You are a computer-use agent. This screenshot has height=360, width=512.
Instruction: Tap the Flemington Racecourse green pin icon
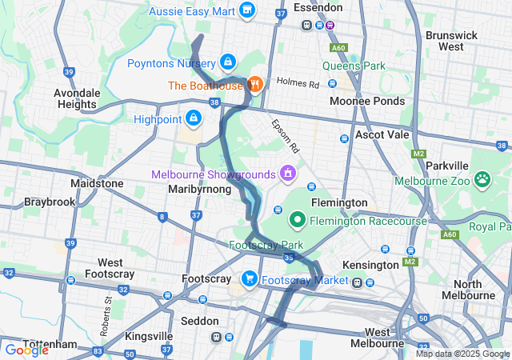coord(297,218)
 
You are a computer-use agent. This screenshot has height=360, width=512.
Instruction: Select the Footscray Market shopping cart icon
coord(250,279)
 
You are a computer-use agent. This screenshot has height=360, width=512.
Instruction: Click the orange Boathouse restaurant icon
coord(254,83)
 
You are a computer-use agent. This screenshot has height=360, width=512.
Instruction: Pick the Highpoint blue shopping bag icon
coord(193,118)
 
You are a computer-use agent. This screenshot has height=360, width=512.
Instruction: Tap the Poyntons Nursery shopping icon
coord(228,62)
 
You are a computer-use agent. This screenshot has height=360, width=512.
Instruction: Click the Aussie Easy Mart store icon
coord(246,10)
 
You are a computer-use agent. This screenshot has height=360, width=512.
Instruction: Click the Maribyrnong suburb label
coord(200,190)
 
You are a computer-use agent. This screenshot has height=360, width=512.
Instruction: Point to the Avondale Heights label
coord(77,98)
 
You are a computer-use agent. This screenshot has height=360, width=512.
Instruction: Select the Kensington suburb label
coord(369,264)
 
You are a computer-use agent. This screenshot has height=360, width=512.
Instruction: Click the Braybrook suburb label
coord(50,202)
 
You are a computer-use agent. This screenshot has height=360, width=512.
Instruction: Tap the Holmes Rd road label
coord(297,82)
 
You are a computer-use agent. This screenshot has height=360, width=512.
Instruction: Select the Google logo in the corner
coord(26,350)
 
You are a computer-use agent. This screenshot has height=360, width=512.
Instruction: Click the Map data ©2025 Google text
coord(462,354)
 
